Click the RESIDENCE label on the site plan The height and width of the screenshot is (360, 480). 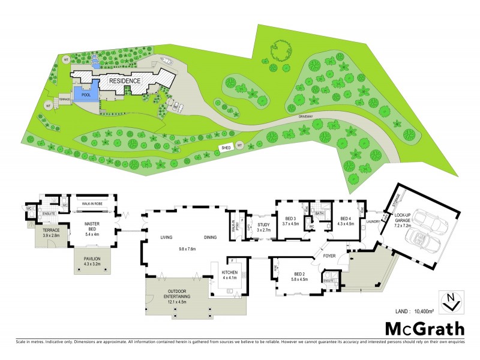(124, 80)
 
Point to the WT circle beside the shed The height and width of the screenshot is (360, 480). (239, 145)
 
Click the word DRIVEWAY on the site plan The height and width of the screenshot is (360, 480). (313, 118)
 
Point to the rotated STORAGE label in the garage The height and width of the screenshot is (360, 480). (400, 200)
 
